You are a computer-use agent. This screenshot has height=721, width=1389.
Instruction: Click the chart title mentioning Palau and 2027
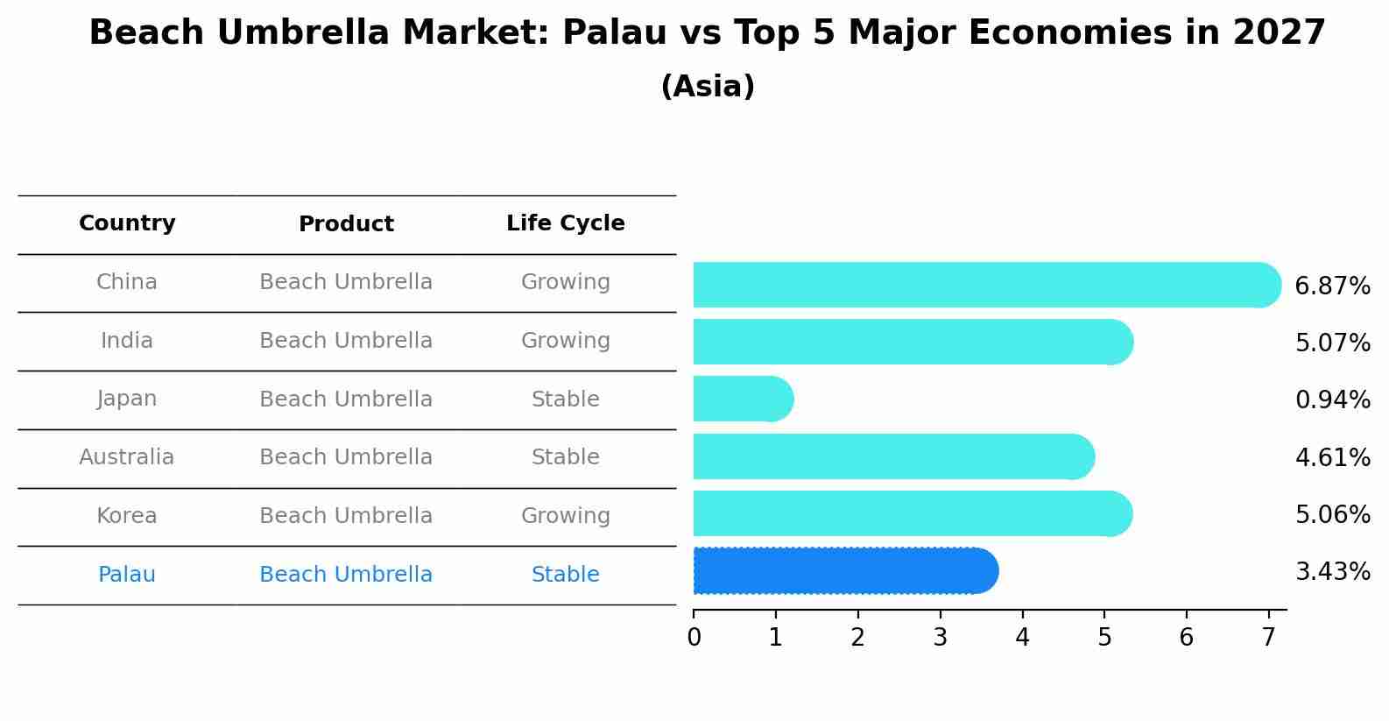[707, 33]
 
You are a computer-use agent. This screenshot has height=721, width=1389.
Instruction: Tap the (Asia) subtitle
[707, 87]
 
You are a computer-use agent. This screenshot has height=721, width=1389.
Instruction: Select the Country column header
[127, 223]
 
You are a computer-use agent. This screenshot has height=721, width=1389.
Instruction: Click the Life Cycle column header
[565, 223]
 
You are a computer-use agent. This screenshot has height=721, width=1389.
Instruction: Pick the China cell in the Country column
[127, 282]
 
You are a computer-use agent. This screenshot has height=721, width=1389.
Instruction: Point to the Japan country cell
[127, 399]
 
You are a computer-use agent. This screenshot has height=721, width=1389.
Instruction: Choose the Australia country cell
[127, 457]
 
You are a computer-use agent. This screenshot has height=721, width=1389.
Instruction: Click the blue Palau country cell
[127, 575]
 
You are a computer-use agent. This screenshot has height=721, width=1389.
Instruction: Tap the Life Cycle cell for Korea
[565, 516]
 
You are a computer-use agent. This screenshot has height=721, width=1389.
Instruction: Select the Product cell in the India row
[346, 341]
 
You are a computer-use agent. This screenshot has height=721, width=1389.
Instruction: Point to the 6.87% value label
[1332, 286]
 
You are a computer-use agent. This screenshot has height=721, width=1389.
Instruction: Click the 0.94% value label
[1332, 400]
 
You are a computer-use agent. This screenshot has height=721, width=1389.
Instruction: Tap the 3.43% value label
[1332, 572]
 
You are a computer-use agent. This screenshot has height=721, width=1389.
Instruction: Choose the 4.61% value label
[1332, 458]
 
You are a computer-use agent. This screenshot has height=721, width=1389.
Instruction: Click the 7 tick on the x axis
[1268, 638]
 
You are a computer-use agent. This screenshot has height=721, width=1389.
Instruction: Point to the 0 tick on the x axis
[694, 638]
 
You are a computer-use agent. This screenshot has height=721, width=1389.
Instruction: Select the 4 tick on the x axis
[1022, 638]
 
